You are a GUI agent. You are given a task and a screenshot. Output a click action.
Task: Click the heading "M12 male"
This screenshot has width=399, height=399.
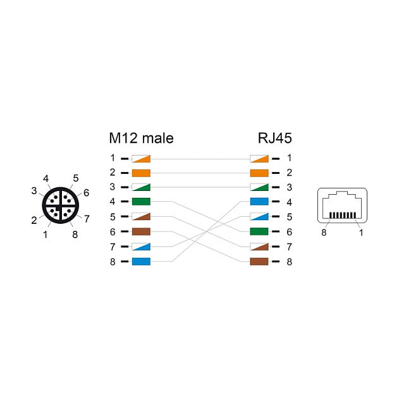pos(140,138)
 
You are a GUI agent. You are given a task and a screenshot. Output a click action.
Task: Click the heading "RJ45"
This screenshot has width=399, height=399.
pos(274,138)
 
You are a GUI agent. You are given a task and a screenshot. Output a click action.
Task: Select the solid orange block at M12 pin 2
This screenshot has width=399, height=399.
pos(141,173)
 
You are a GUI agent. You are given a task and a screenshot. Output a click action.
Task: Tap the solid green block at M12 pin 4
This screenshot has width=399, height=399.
pos(141,202)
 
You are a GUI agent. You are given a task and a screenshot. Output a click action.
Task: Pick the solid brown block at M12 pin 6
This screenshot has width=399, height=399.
pos(141,231)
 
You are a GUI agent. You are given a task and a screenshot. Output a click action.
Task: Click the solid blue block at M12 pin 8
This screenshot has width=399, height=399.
pos(141,261)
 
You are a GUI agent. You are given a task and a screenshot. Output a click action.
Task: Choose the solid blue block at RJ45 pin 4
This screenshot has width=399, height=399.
pos(259,202)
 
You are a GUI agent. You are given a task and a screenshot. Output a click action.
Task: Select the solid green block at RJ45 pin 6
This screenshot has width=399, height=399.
pos(259,231)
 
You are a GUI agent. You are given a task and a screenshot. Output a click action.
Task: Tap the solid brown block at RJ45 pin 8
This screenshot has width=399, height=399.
pos(259,261)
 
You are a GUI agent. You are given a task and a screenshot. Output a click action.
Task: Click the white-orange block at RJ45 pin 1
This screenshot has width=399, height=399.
pos(259,158)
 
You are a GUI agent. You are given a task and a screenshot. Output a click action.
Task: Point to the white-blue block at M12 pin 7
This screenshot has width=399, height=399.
pos(141,246)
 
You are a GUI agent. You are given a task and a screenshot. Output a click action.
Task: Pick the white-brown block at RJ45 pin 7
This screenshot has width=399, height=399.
pos(259,246)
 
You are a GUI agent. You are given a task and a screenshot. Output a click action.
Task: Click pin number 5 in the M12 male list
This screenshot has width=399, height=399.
pos(113,217)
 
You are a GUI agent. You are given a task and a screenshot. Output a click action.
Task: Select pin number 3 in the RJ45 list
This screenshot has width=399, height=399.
pos(289,187)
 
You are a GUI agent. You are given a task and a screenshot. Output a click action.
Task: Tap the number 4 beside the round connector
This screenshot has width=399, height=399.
pos(46,178)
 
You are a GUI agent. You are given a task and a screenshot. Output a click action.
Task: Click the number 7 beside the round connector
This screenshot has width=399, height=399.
pos(87,219)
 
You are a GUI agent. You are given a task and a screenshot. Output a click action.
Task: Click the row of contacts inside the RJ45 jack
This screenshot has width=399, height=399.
pos(343,216)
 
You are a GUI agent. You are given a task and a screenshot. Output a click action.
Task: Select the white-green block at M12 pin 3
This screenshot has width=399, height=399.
pos(141,187)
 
